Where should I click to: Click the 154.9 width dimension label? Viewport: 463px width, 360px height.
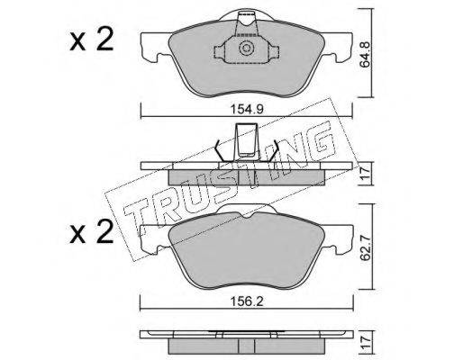click(247, 110)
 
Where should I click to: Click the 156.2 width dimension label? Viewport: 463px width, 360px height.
click(247, 301)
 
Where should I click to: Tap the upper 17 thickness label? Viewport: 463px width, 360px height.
click(366, 174)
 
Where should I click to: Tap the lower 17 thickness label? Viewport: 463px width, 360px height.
click(366, 343)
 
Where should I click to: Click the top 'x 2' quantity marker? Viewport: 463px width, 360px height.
click(92, 39)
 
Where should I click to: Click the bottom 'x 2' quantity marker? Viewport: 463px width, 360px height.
click(92, 231)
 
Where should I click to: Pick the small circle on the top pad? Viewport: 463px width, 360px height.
click(246, 49)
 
